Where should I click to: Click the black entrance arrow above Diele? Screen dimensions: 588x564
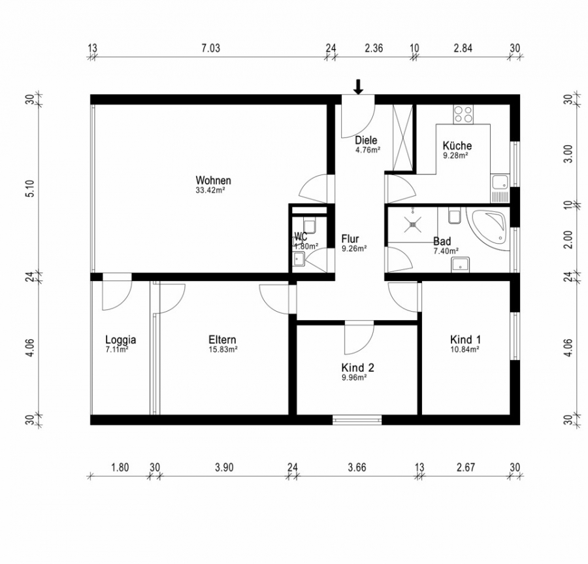(359, 87)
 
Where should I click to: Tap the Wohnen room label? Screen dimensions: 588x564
(214, 180)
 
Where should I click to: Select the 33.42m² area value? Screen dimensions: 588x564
(210, 190)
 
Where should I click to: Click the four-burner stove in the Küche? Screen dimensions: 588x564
(463, 114)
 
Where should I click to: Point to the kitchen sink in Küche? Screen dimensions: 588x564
(500, 188)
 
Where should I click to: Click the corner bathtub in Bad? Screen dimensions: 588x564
(488, 227)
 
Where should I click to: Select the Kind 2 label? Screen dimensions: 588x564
(358, 367)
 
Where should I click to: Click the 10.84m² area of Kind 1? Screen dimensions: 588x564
(465, 350)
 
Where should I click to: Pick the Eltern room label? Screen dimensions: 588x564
(222, 340)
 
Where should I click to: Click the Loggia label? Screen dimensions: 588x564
(120, 340)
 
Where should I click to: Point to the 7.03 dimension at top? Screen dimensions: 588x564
(211, 48)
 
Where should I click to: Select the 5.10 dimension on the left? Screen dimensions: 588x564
(31, 188)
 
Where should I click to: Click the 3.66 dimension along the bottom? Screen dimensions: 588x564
(357, 468)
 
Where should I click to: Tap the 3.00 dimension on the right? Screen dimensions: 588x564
(568, 154)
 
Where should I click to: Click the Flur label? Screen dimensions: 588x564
(350, 239)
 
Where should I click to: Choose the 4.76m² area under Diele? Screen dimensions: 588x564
(368, 150)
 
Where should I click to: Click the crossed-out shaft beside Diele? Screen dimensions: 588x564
(402, 137)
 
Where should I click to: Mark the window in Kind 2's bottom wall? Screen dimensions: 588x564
(357, 420)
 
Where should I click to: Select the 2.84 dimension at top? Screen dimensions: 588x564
(463, 48)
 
